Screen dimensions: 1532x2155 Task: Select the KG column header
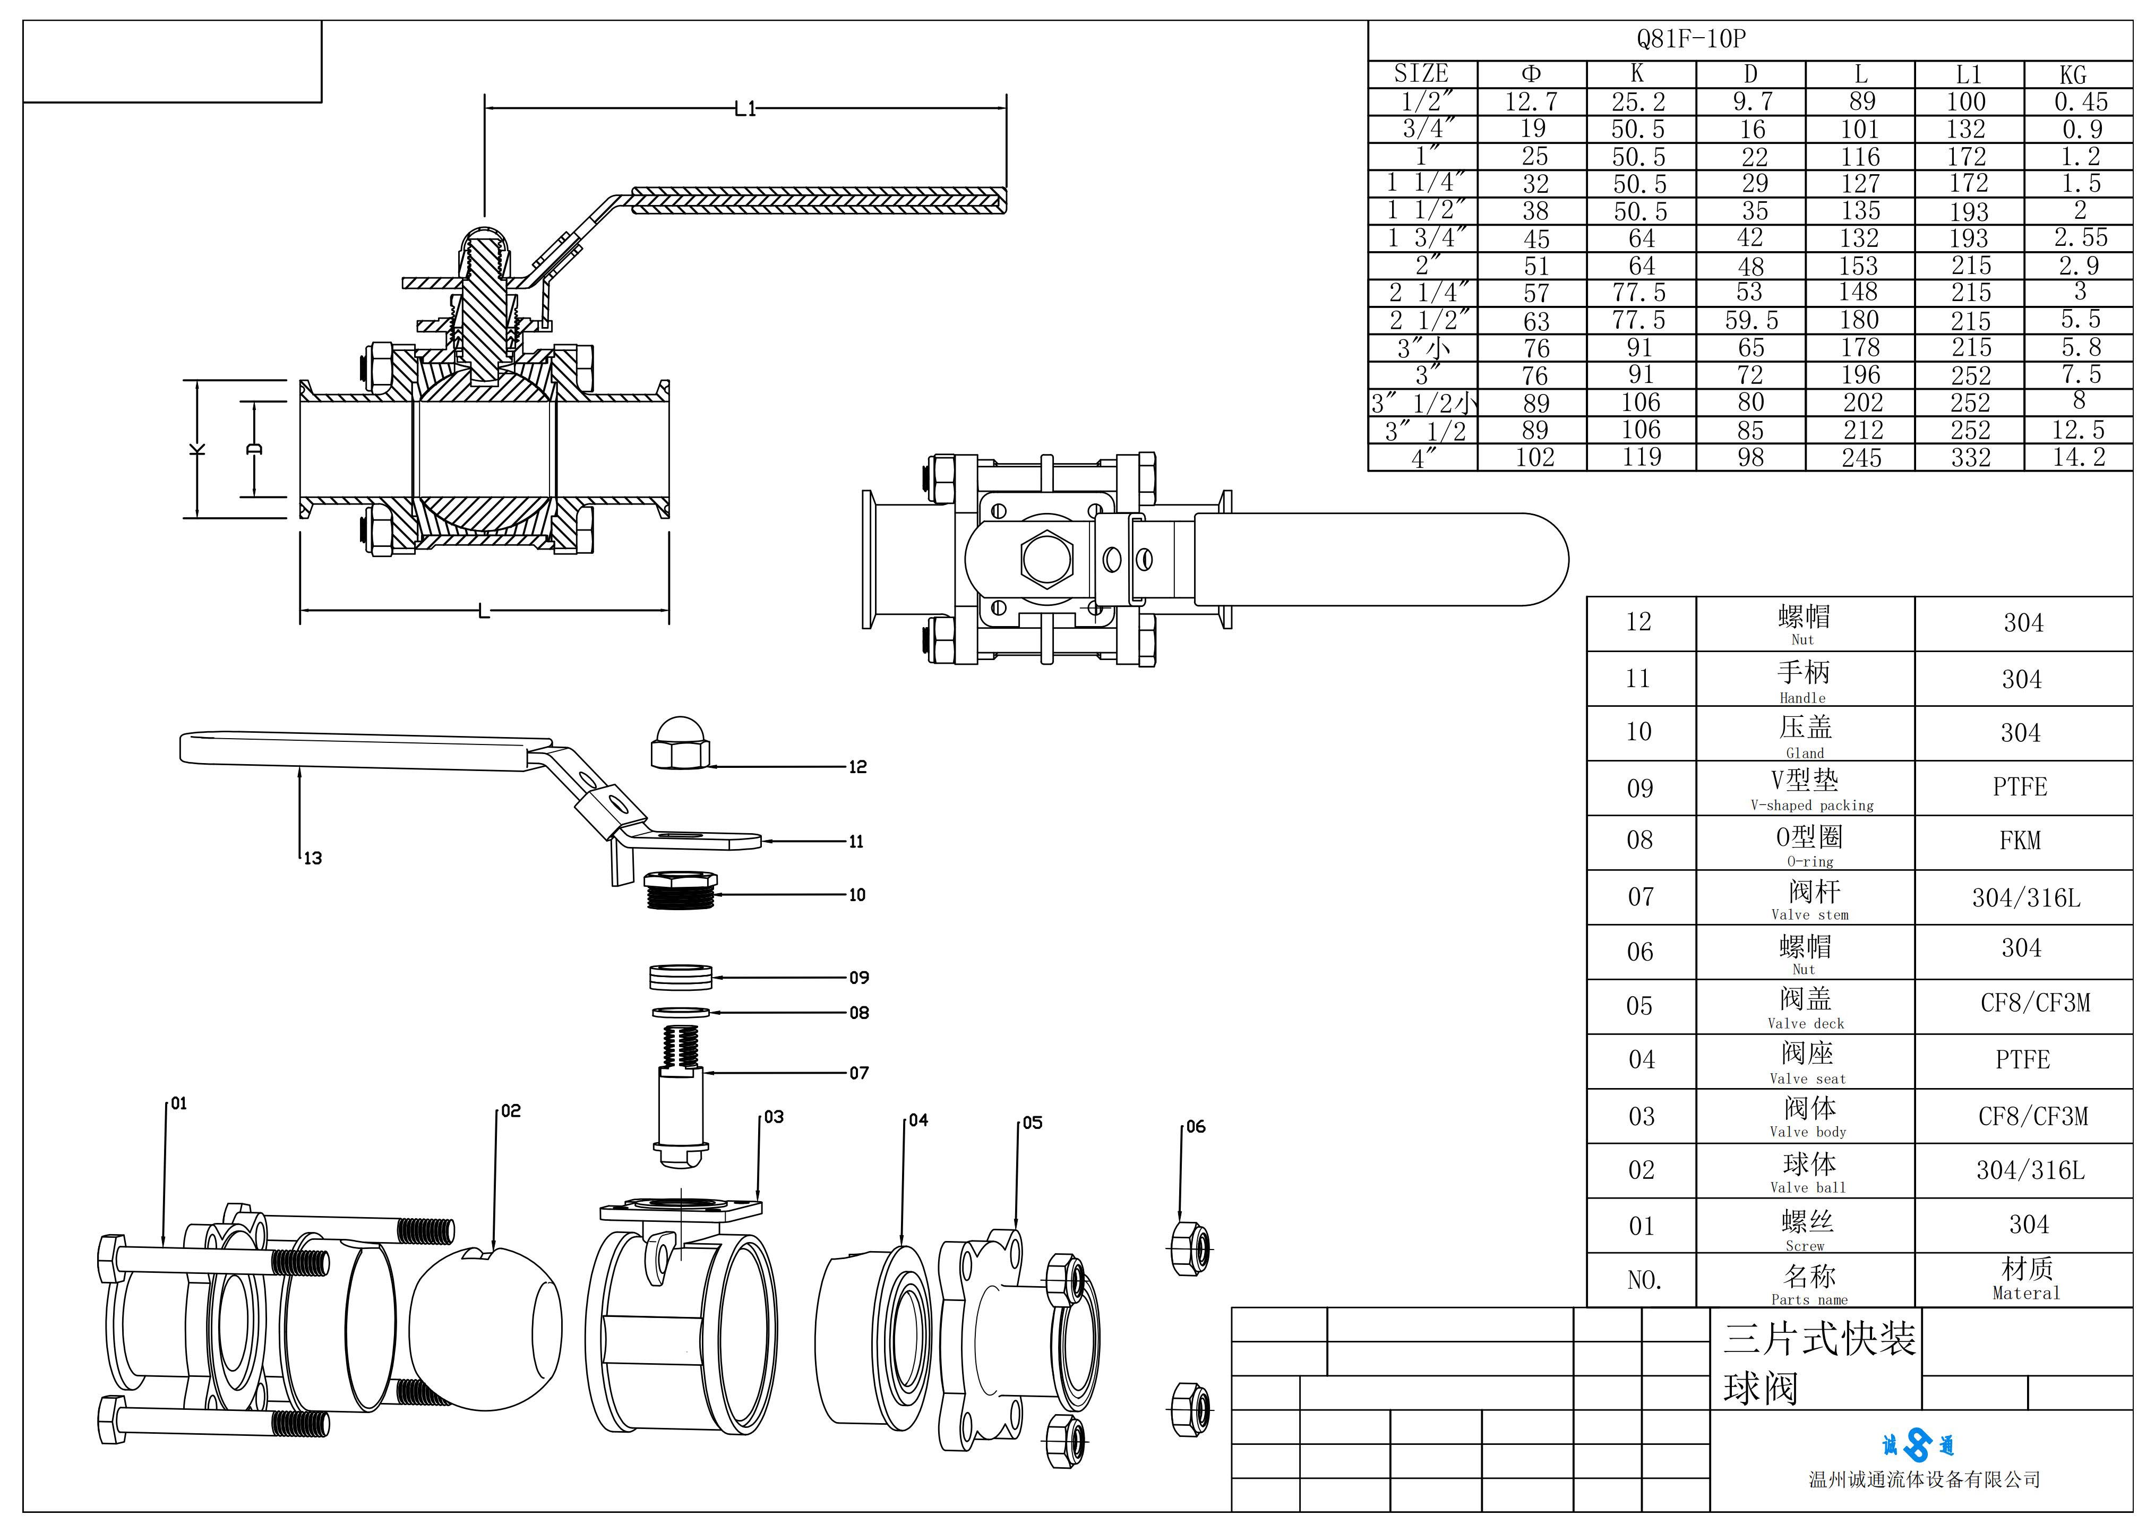pos(2073,74)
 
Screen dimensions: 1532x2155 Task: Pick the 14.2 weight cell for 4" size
pos(2079,458)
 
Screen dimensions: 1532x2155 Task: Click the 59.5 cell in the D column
pos(1752,321)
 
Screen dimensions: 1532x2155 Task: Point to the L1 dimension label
pos(745,109)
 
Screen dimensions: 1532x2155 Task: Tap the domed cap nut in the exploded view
pos(680,743)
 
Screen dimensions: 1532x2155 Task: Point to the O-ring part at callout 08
pos(680,1012)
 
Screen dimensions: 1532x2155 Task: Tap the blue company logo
pos(1917,1444)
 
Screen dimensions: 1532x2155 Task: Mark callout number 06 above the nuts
pos(1195,1126)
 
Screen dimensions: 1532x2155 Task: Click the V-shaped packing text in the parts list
pos(1811,806)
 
